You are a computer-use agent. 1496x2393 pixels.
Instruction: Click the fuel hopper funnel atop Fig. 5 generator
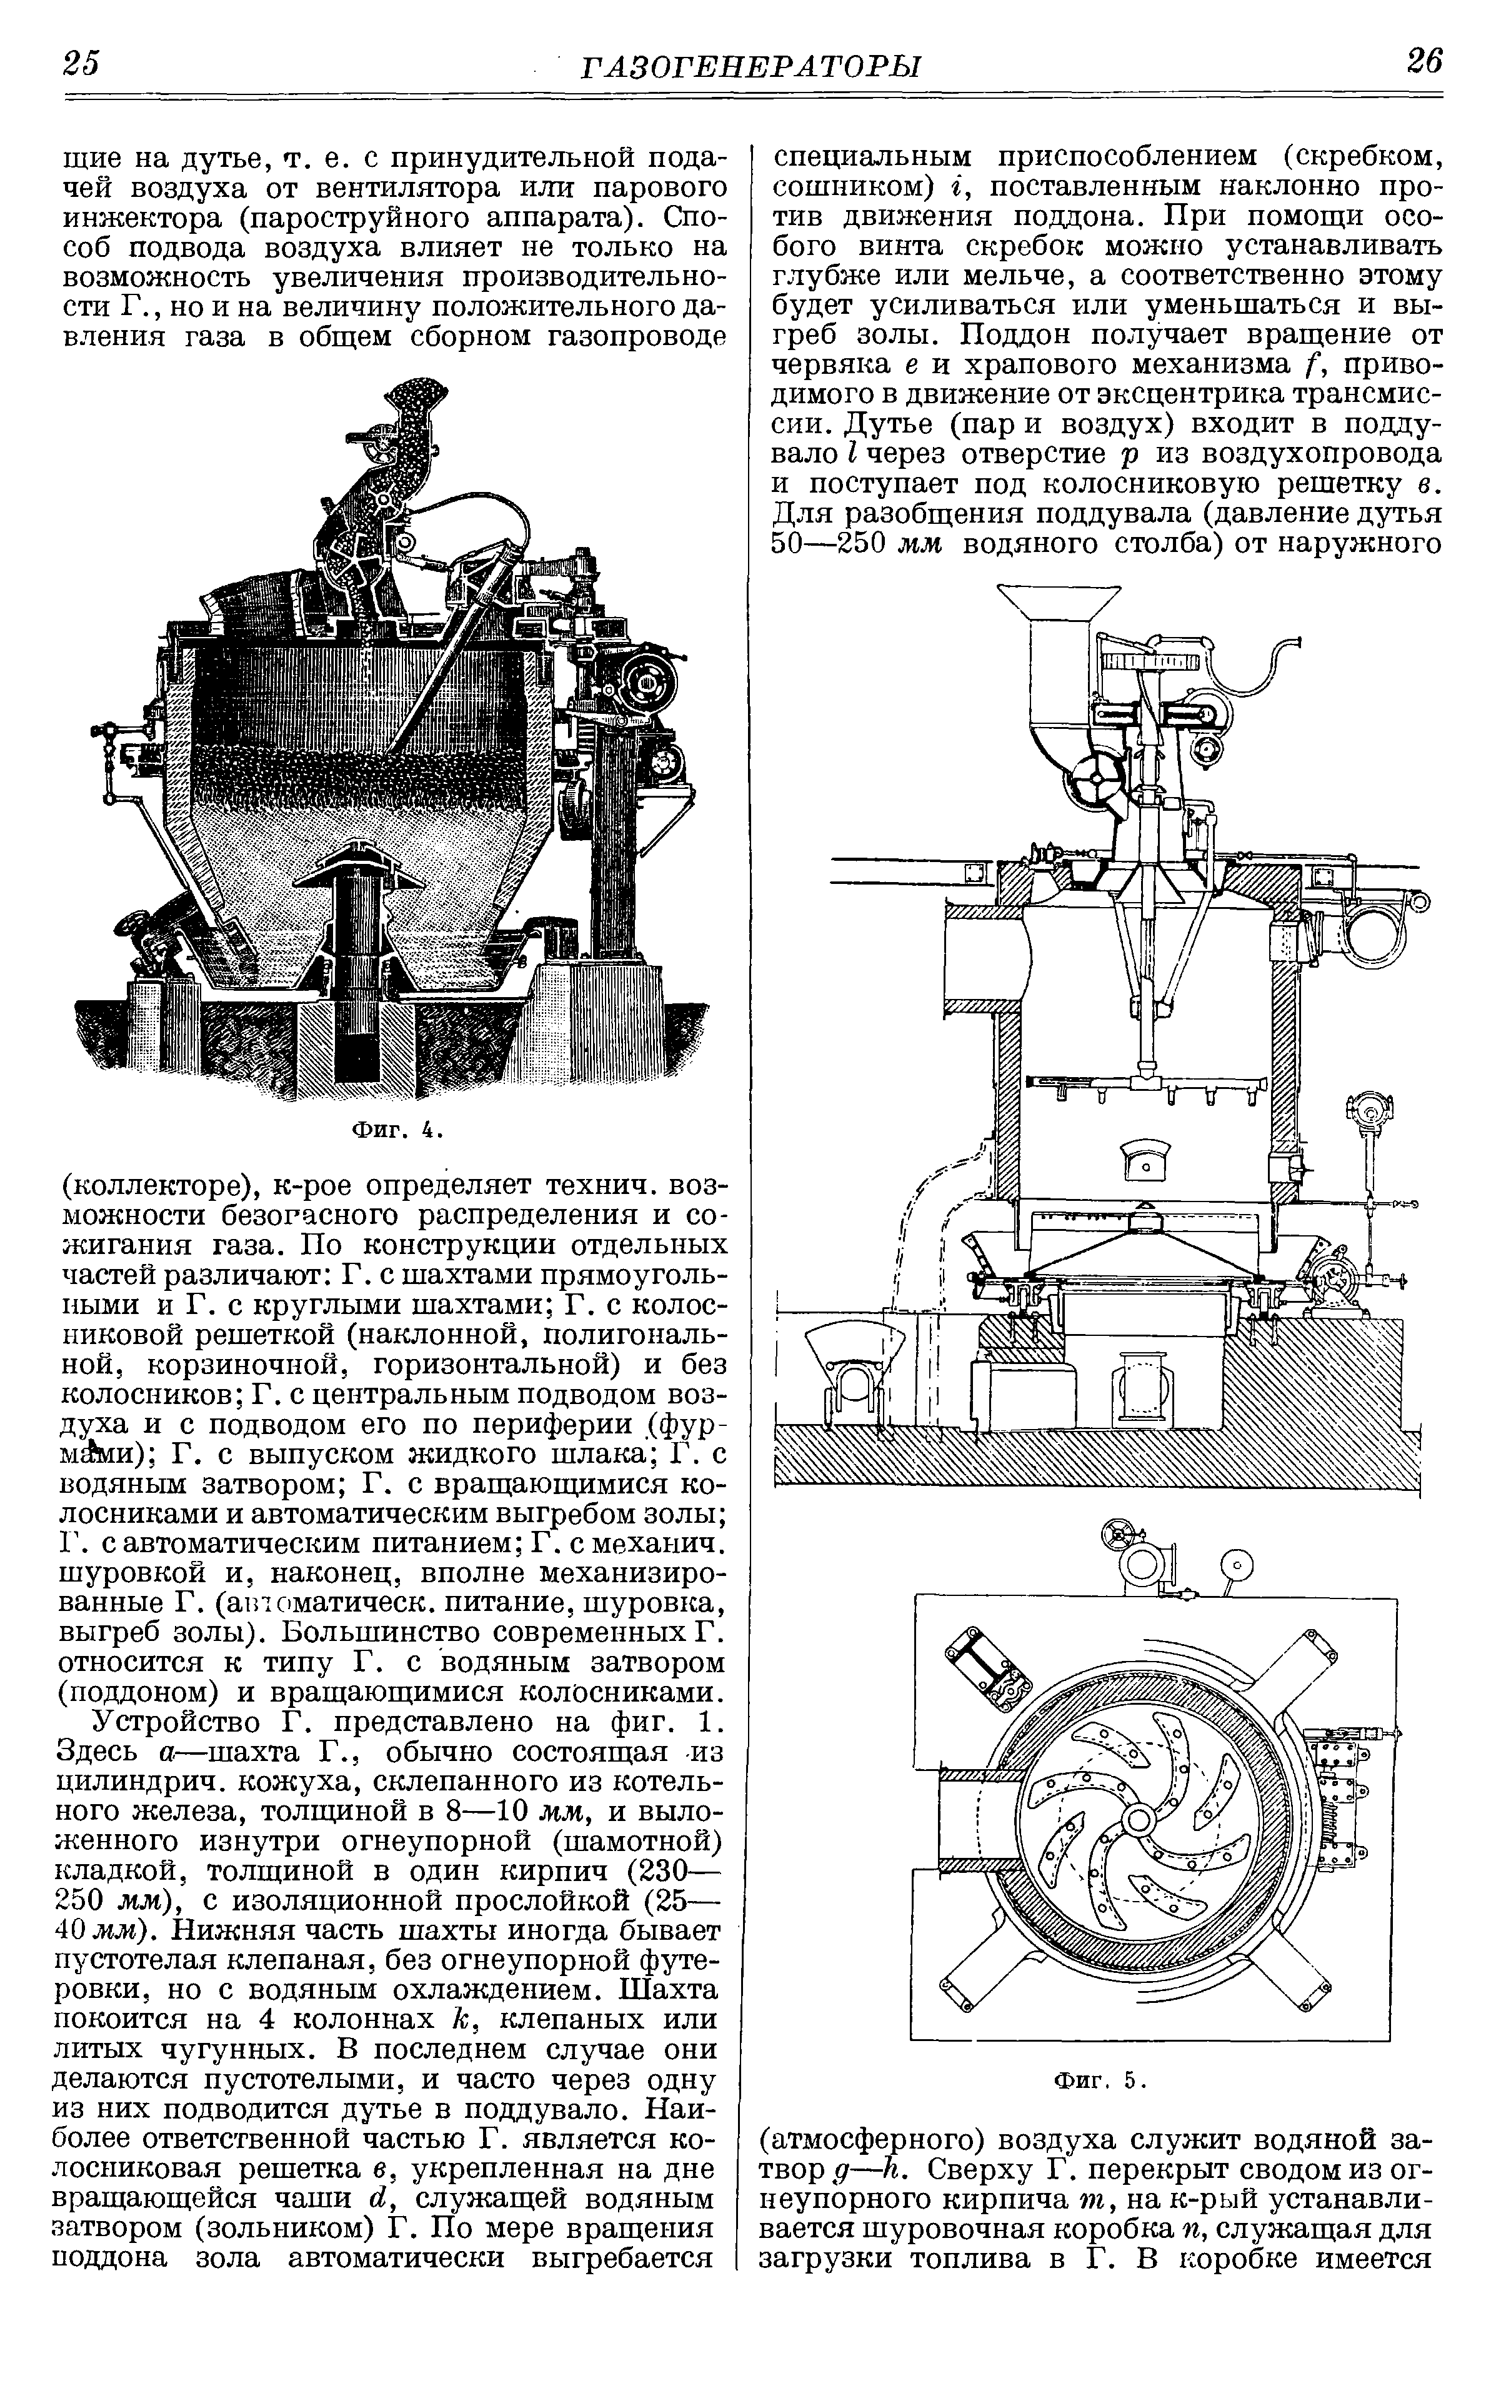(x=1058, y=606)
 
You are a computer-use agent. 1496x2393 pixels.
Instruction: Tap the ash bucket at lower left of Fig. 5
(x=854, y=1371)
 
